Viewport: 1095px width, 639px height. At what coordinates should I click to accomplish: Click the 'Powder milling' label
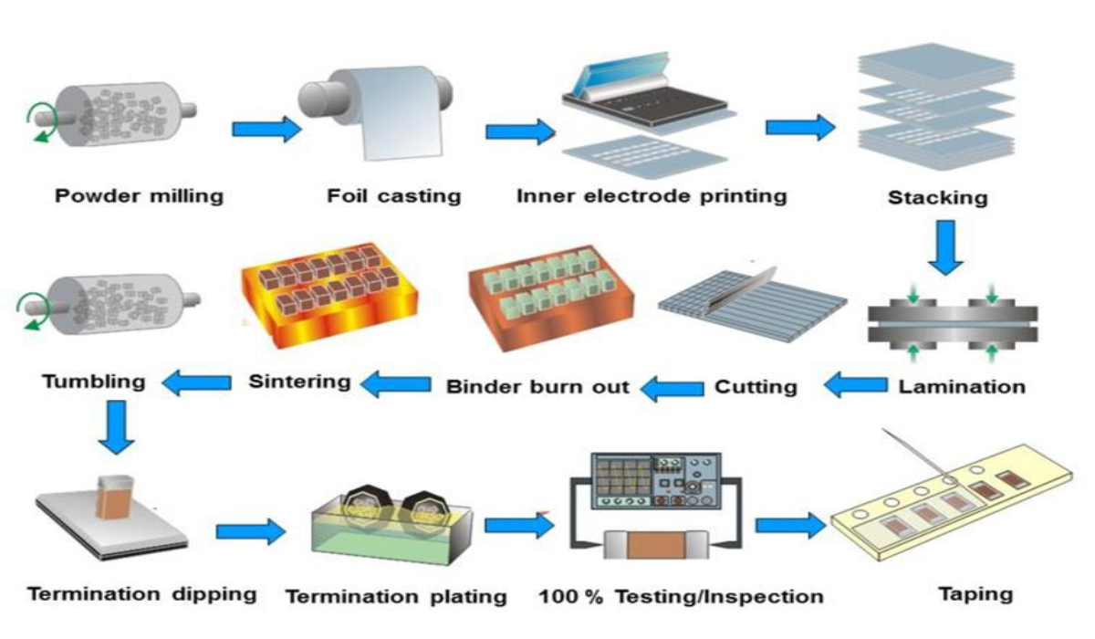click(140, 196)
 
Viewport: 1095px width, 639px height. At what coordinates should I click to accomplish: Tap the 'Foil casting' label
click(394, 196)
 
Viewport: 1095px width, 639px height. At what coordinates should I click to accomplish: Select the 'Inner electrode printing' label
click(652, 196)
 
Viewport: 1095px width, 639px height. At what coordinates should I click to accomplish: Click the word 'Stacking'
click(938, 198)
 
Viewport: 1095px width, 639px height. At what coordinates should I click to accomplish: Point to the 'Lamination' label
click(962, 387)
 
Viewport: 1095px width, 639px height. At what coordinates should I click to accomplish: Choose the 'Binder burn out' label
click(537, 387)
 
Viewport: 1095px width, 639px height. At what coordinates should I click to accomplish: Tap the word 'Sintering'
click(299, 382)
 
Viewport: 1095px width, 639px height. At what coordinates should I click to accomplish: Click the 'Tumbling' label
click(94, 382)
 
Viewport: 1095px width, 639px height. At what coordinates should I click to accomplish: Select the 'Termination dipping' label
click(142, 594)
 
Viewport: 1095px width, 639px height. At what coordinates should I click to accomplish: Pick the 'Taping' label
click(975, 594)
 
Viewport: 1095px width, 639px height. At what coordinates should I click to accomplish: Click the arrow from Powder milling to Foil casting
click(266, 129)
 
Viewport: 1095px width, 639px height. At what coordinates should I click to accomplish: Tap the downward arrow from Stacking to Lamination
click(945, 247)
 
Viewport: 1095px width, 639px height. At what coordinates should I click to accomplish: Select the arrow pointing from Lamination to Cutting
click(856, 384)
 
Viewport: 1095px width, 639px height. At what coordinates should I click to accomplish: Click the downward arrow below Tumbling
click(117, 427)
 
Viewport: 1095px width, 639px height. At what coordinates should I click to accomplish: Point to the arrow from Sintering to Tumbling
click(196, 382)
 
